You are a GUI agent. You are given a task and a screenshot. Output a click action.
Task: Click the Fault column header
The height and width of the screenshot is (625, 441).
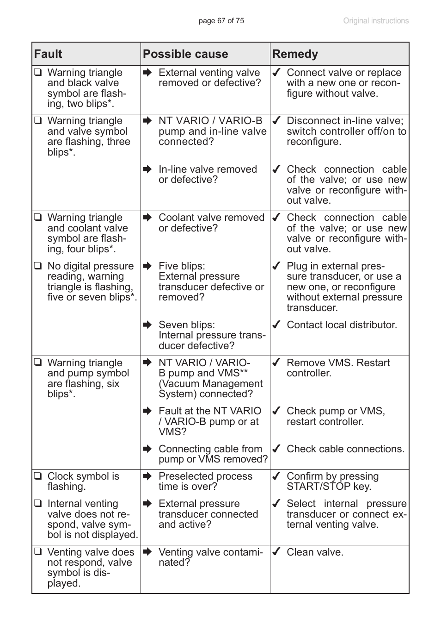(48, 54)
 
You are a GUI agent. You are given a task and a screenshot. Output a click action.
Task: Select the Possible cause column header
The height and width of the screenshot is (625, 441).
(185, 54)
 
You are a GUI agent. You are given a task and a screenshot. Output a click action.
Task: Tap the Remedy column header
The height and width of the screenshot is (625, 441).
(295, 54)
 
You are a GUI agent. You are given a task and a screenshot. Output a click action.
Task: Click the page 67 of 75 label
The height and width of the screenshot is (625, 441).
(221, 21)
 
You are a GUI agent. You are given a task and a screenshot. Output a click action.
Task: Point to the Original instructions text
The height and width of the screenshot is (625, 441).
(376, 21)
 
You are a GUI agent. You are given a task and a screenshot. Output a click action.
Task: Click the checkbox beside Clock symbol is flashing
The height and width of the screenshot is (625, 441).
(38, 476)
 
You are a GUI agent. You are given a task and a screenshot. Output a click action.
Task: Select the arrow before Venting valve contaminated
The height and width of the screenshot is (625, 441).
(147, 552)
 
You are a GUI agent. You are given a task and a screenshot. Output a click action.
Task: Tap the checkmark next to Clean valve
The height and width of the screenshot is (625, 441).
(276, 552)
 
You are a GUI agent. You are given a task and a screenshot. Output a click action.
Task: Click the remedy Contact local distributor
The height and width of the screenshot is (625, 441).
(342, 325)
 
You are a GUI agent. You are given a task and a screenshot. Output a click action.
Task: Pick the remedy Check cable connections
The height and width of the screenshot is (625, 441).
(345, 449)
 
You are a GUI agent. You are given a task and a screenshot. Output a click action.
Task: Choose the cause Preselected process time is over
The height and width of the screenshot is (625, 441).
(205, 481)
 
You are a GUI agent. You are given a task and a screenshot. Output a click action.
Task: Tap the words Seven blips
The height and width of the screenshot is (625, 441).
(186, 325)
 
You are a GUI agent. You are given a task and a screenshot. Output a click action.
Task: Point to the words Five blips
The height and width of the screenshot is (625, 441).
(182, 266)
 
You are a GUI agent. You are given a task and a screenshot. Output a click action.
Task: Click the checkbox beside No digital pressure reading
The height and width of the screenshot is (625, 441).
(38, 266)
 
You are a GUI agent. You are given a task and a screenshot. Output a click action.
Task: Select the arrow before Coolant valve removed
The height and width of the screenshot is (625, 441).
(147, 218)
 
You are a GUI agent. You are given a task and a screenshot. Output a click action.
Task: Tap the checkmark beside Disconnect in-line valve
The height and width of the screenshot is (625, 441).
(276, 121)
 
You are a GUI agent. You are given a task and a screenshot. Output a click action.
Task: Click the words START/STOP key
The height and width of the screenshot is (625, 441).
(329, 487)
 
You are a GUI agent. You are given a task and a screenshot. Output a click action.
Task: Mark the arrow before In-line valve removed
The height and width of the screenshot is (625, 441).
(147, 169)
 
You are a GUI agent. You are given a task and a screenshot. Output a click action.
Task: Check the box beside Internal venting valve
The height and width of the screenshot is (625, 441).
(38, 504)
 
